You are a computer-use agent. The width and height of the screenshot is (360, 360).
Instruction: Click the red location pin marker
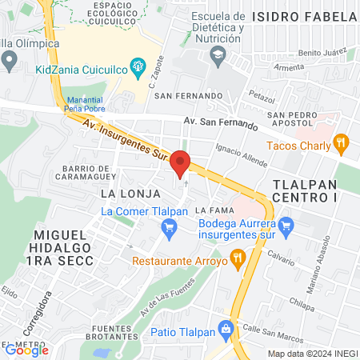tap(180, 162)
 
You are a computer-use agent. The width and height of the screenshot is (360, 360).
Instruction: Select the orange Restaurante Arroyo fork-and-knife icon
tap(237, 258)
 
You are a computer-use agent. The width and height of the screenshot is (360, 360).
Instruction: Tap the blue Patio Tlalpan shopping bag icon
tap(226, 328)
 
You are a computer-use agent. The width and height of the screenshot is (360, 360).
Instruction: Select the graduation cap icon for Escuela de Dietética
tap(217, 54)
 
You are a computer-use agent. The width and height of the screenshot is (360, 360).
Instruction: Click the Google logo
tap(26, 350)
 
